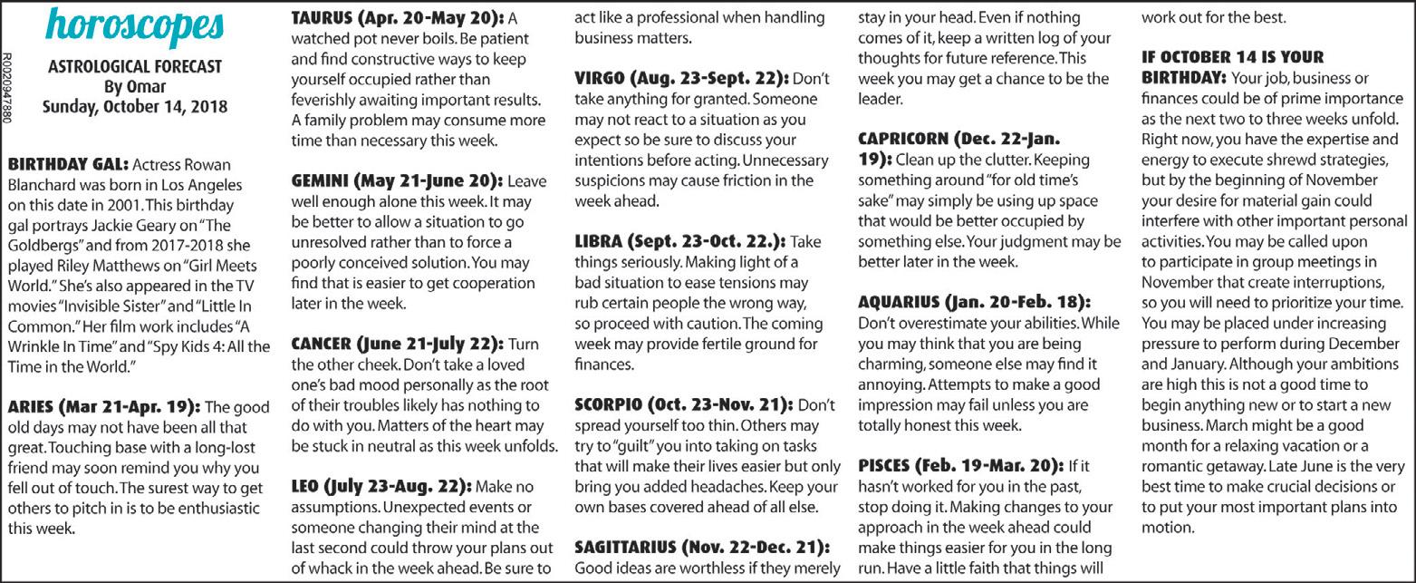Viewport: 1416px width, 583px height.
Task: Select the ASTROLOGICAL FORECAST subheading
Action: tap(134, 68)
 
